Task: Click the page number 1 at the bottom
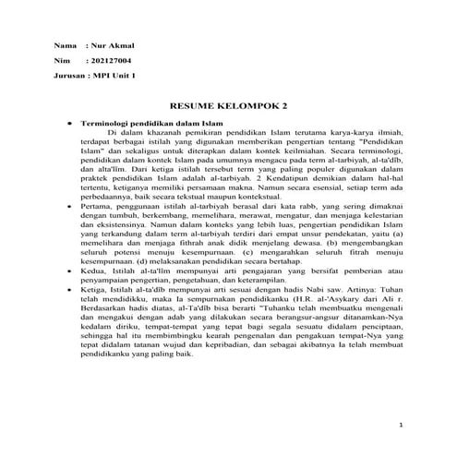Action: (403, 426)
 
